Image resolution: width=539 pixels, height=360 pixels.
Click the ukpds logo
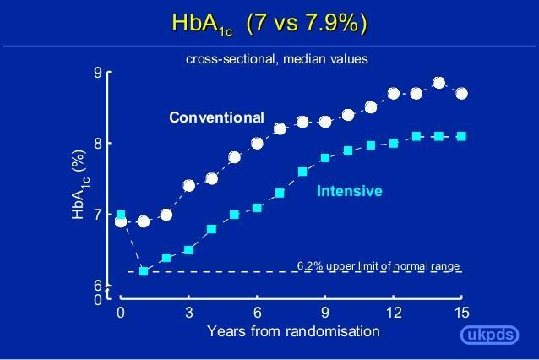489,335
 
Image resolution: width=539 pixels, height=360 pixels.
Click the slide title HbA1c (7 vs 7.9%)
269,24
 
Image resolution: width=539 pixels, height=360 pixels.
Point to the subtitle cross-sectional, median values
277,59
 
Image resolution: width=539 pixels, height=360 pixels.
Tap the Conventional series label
216,117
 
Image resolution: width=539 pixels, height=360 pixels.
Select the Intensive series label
349,191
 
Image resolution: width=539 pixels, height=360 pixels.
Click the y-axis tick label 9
99,73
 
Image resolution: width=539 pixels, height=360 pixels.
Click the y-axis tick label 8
99,143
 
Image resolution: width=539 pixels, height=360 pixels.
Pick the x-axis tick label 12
394,313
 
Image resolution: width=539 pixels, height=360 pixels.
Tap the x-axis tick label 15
461,313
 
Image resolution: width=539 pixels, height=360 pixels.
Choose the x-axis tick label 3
189,313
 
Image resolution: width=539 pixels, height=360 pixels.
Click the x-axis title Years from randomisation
293,331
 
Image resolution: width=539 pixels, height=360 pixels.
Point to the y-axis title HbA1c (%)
79,184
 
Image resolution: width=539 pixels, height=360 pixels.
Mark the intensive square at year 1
144,271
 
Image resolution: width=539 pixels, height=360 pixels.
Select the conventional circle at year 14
439,83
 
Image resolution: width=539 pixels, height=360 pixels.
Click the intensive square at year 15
461,137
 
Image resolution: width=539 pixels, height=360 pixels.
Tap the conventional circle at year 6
257,144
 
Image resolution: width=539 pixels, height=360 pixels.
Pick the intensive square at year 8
302,172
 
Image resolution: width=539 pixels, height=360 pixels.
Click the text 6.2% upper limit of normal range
378,266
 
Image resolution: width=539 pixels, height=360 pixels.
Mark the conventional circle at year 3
189,186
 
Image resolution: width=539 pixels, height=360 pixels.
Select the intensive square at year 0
121,215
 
